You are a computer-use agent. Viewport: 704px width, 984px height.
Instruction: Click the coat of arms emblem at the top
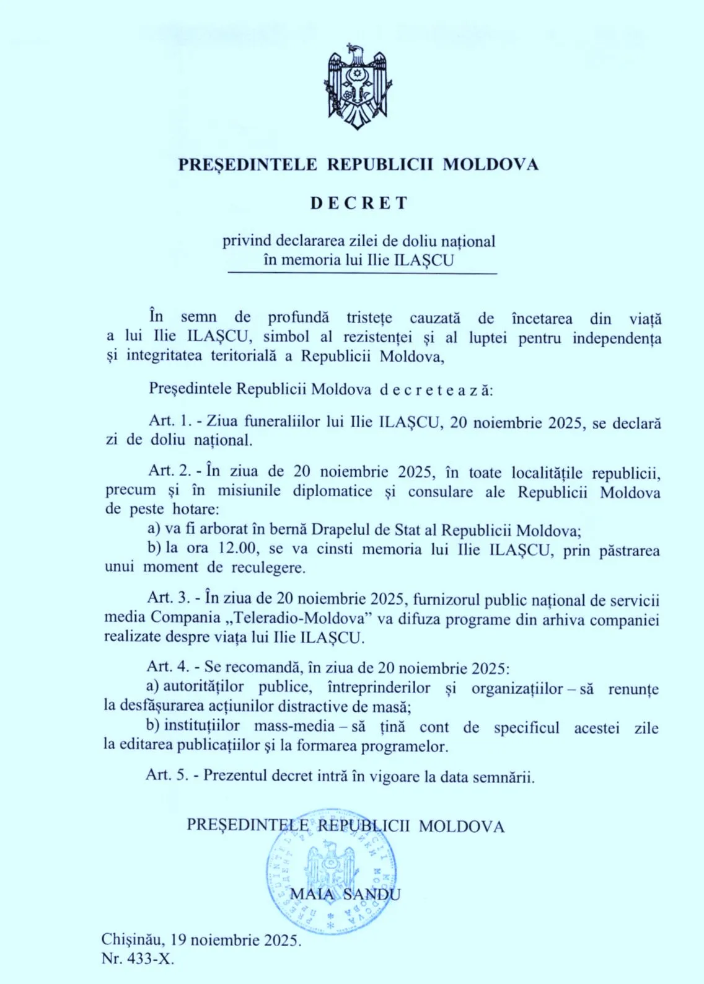[x=358, y=87]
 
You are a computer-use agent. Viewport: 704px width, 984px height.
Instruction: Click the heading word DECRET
[x=359, y=203]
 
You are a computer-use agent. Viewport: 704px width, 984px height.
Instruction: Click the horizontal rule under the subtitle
[x=363, y=273]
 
